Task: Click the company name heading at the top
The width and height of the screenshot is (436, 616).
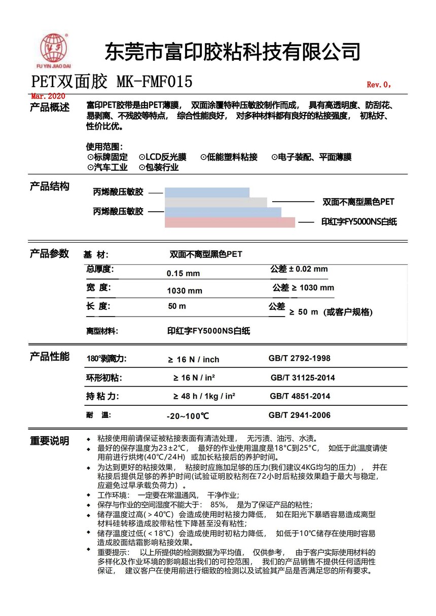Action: [232, 52]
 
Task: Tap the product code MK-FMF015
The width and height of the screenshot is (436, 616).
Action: [155, 82]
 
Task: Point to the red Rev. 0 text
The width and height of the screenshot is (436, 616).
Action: [379, 85]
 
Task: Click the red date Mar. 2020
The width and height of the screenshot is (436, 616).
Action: [48, 96]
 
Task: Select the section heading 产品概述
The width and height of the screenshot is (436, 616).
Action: [49, 107]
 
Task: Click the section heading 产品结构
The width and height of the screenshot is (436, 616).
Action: [49, 186]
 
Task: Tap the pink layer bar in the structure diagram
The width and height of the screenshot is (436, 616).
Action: [230, 222]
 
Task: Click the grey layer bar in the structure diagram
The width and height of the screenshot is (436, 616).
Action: [215, 202]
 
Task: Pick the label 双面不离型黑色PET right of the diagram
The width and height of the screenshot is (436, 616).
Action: [358, 202]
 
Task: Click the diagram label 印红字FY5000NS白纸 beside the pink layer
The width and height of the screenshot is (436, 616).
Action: [359, 222]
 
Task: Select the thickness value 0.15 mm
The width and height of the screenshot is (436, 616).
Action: [183, 274]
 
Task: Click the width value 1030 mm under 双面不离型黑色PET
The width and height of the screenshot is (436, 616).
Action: [185, 291]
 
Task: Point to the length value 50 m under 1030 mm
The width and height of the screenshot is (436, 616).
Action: [177, 306]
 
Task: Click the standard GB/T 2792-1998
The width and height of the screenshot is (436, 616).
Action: [299, 358]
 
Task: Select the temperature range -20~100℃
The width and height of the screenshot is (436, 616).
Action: [188, 416]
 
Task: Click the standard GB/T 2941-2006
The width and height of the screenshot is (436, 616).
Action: [299, 415]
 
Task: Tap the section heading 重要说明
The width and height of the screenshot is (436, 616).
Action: [49, 441]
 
